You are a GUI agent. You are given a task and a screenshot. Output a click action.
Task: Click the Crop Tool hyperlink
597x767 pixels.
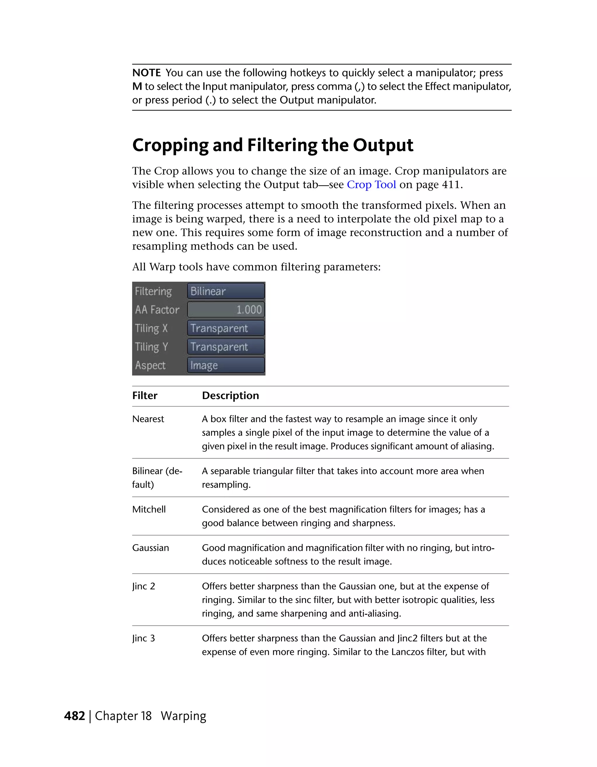click(x=371, y=184)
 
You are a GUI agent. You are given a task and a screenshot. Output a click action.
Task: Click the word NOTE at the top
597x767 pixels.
click(x=146, y=73)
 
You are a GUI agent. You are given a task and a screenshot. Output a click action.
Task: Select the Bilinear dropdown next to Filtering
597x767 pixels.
click(x=226, y=291)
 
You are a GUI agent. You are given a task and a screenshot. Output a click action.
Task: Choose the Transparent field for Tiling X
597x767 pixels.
click(x=226, y=328)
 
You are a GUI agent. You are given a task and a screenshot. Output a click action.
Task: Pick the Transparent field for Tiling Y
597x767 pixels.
click(x=226, y=347)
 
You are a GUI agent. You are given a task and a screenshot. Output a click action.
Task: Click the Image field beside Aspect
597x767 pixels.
click(x=226, y=366)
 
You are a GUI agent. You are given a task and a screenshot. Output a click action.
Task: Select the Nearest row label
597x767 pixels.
click(x=148, y=419)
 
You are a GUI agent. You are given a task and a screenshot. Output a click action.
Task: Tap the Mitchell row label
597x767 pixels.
click(x=149, y=509)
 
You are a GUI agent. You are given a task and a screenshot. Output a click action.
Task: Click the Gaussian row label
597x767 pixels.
click(x=150, y=548)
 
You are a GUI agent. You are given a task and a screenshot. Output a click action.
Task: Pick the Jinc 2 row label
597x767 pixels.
click(x=143, y=586)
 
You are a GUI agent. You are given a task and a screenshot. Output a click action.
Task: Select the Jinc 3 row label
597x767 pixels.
click(x=143, y=638)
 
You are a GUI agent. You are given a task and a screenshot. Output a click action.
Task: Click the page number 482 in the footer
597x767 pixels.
click(x=75, y=716)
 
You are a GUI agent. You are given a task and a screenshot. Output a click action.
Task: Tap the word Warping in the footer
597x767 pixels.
click(x=183, y=716)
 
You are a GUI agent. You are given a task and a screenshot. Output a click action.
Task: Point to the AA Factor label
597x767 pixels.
click(x=157, y=310)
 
